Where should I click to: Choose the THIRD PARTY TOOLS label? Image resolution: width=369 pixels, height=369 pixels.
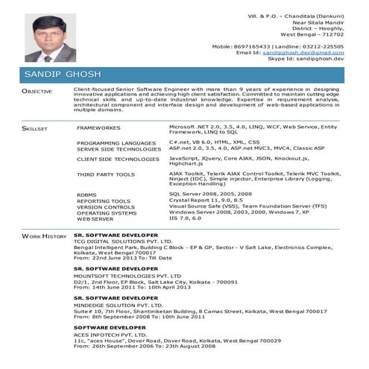coord(106,174)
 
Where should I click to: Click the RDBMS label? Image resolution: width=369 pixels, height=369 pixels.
coord(86,195)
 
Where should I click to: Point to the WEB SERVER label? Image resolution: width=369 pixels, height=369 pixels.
coord(95,219)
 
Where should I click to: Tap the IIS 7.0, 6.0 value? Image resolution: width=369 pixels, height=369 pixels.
coord(185,218)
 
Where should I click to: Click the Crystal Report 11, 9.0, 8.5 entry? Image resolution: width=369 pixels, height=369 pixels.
coord(205,201)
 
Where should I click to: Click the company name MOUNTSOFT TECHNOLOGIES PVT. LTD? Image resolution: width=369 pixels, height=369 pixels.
coord(128,272)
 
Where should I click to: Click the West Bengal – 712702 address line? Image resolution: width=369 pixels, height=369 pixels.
coord(312,34)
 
